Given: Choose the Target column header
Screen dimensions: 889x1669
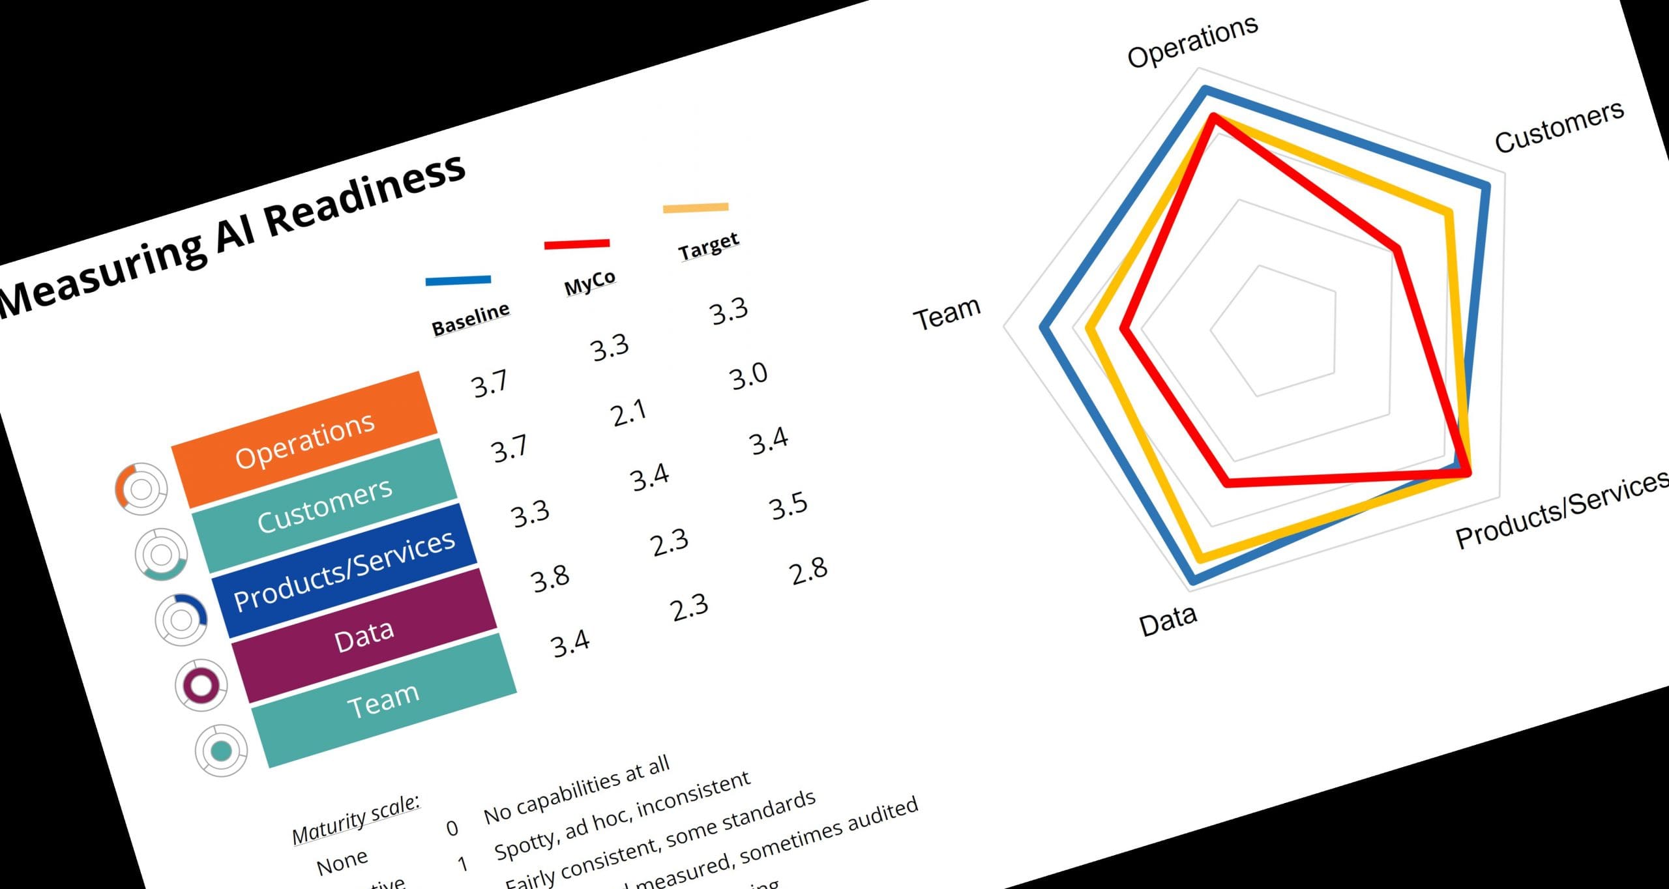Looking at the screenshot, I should pos(708,245).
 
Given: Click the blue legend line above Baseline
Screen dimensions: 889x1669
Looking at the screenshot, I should pos(458,280).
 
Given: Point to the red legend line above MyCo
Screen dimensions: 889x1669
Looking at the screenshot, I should pos(577,244).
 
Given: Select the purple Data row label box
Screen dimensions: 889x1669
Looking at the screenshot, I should pos(364,635).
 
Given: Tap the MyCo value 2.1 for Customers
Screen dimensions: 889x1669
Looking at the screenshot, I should pos(629,413).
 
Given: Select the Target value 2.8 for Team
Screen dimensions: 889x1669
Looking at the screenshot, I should pos(808,571).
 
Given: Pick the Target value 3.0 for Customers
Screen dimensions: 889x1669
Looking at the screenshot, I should pos(748,376).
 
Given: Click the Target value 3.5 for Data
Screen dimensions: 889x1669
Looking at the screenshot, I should pos(789,506).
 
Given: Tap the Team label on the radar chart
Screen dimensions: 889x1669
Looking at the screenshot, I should pos(947,313).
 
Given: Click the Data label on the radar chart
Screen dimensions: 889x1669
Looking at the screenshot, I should pos(1168,620).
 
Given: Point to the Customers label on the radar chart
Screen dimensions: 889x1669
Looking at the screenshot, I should pos(1559,127).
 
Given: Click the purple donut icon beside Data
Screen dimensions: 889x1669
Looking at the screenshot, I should pos(201,685).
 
